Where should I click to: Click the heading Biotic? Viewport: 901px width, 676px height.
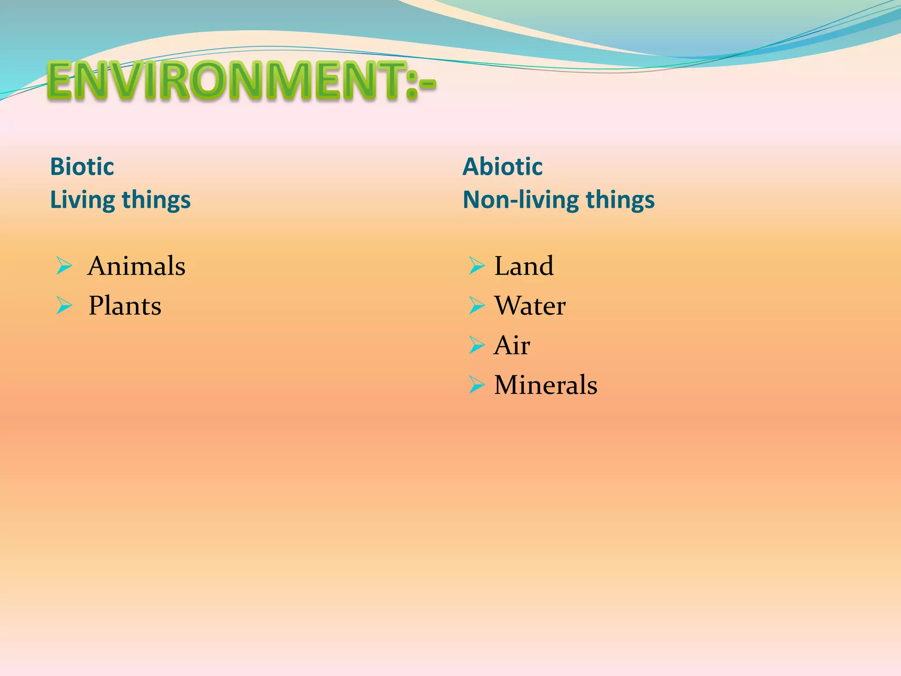(x=82, y=167)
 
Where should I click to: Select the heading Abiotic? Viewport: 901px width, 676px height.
(x=502, y=167)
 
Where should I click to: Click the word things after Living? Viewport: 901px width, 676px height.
(x=156, y=200)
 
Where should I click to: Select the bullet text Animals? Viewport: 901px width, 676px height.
(x=136, y=266)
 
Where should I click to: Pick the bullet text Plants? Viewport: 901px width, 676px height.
(x=125, y=306)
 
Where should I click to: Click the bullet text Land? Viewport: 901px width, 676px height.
(x=524, y=266)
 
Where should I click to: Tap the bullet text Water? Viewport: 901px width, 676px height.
(x=530, y=306)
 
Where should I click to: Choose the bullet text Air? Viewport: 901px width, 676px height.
(x=512, y=345)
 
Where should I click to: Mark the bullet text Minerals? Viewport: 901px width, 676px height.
(x=546, y=385)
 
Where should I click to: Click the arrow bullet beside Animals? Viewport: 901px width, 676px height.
(x=64, y=266)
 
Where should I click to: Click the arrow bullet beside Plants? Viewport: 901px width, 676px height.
(x=64, y=306)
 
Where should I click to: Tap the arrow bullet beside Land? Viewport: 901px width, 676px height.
(x=476, y=266)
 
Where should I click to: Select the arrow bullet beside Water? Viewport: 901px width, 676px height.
(x=476, y=306)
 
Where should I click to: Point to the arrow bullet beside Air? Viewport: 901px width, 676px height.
(x=476, y=345)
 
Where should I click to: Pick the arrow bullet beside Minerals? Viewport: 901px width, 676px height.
(x=476, y=385)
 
